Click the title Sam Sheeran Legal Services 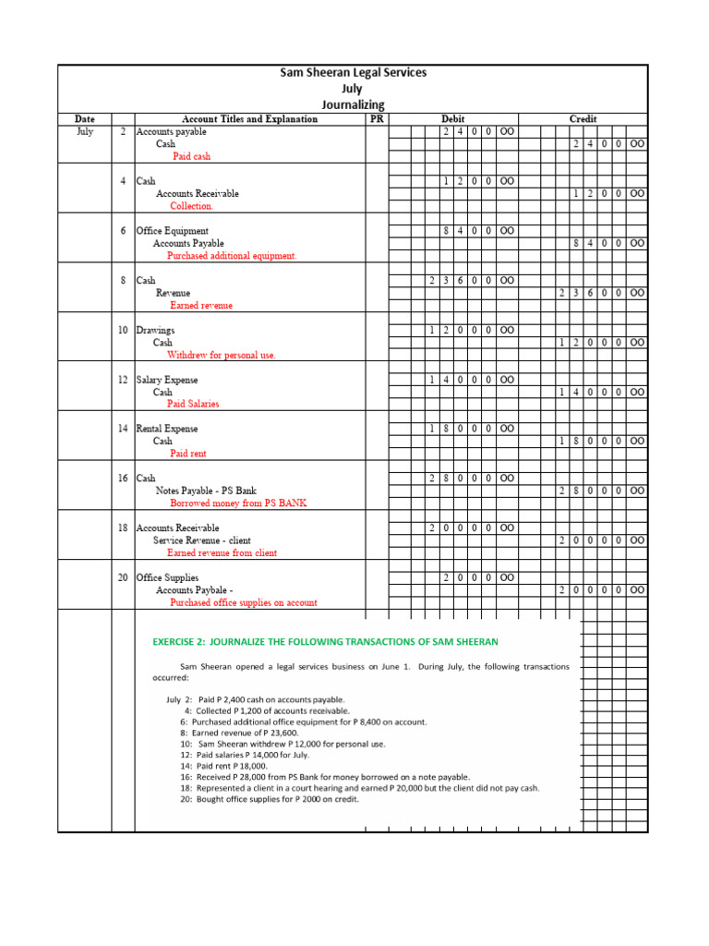354,73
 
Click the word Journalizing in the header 354,104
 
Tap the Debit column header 453,119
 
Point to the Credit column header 583,119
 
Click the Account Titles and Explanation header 249,119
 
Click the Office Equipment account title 173,231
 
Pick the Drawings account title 155,330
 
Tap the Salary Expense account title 167,380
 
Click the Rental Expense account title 167,429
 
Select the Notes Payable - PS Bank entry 206,491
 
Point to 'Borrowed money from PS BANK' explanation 238,503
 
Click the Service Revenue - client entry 202,540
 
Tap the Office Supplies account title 167,577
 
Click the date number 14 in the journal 123,429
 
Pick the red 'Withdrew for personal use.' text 221,355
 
